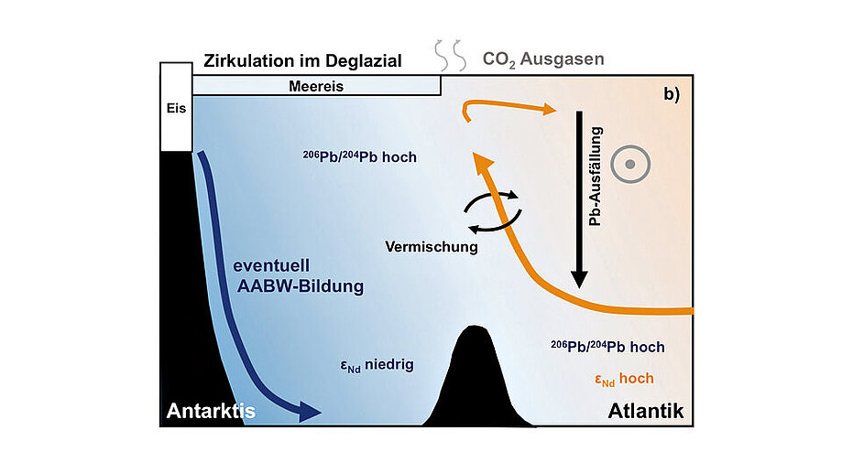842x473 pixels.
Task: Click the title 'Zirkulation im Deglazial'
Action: click(302, 60)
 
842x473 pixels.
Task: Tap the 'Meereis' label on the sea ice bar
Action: click(316, 86)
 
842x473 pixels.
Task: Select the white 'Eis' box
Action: click(176, 107)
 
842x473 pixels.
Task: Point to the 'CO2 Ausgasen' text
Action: click(543, 59)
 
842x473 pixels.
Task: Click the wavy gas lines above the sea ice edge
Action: click(451, 55)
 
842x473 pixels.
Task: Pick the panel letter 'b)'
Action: click(672, 94)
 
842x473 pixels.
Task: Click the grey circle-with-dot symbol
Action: click(630, 164)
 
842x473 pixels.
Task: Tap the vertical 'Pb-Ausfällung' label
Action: click(596, 177)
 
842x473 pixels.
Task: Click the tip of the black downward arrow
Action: click(579, 288)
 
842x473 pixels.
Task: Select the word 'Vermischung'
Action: click(432, 247)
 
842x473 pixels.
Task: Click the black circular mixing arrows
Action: click(492, 212)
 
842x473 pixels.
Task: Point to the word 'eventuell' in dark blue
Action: click(271, 266)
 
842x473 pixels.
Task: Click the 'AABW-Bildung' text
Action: click(301, 286)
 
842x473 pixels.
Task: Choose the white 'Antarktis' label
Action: click(211, 411)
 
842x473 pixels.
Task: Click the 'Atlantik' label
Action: click(645, 412)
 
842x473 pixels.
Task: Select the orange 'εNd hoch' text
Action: click(625, 379)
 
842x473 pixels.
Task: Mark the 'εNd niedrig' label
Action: click(377, 366)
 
